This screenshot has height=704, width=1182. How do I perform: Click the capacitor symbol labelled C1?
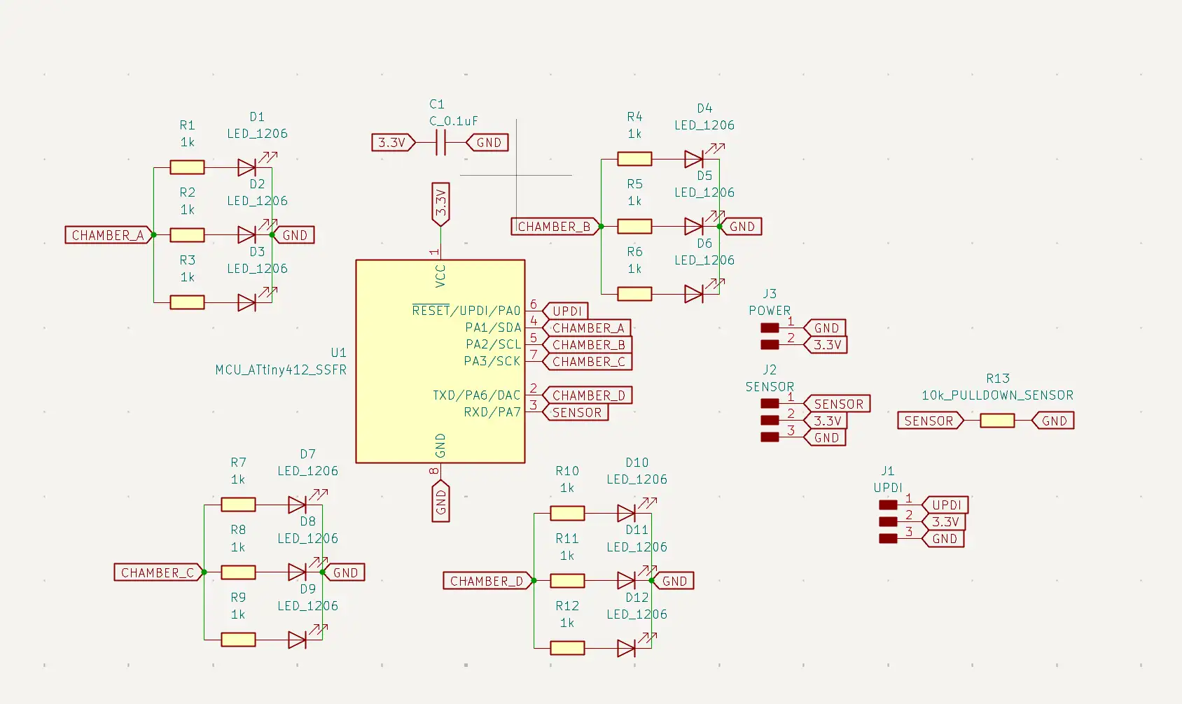pyautogui.click(x=440, y=142)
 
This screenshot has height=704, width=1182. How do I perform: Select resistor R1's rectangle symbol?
pyautogui.click(x=188, y=168)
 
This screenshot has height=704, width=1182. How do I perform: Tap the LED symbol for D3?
pyautogui.click(x=247, y=302)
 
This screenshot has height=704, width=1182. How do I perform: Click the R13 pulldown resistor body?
pyautogui.click(x=996, y=421)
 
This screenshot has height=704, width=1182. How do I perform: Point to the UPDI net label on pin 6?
pyautogui.click(x=565, y=311)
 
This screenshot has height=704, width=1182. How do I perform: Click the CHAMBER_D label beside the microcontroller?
pyautogui.click(x=587, y=395)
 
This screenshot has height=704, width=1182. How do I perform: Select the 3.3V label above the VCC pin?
pyautogui.click(x=440, y=204)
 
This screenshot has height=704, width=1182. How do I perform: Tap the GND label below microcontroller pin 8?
pyautogui.click(x=440, y=501)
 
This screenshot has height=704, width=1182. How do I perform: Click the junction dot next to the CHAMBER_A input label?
pyautogui.click(x=153, y=234)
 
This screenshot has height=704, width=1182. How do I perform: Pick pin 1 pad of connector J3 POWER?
pyautogui.click(x=770, y=328)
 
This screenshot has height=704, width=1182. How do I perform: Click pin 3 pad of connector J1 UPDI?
pyautogui.click(x=888, y=538)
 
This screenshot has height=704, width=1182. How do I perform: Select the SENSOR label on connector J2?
pyautogui.click(x=837, y=403)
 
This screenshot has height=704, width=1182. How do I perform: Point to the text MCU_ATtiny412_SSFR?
pyautogui.click(x=281, y=369)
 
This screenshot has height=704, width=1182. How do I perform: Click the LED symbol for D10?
pyautogui.click(x=626, y=512)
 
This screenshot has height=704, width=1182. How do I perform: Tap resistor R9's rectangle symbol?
pyautogui.click(x=239, y=640)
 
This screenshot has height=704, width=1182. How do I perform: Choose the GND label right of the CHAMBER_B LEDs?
pyautogui.click(x=741, y=226)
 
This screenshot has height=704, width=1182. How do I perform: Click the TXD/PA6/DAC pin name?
pyautogui.click(x=476, y=395)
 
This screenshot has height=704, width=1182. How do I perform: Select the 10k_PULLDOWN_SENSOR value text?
pyautogui.click(x=997, y=395)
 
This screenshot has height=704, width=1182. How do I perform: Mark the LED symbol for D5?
pyautogui.click(x=694, y=226)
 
